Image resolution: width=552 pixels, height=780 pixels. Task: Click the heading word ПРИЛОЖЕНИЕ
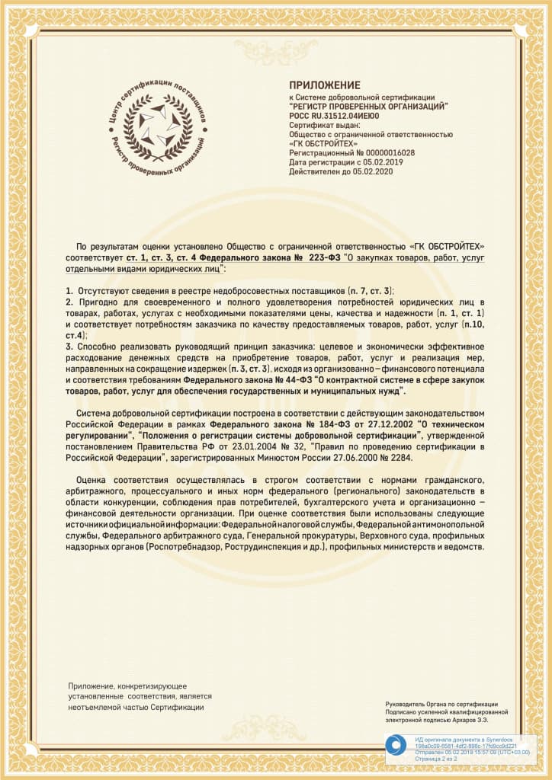click(x=324, y=85)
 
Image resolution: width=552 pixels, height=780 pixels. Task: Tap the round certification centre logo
click(x=158, y=125)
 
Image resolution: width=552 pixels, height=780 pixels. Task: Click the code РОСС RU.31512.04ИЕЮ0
click(x=335, y=117)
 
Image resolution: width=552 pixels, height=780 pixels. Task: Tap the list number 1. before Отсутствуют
click(x=69, y=292)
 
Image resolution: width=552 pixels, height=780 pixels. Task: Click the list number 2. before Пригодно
click(x=69, y=302)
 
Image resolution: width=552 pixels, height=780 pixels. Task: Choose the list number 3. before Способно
click(x=69, y=347)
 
